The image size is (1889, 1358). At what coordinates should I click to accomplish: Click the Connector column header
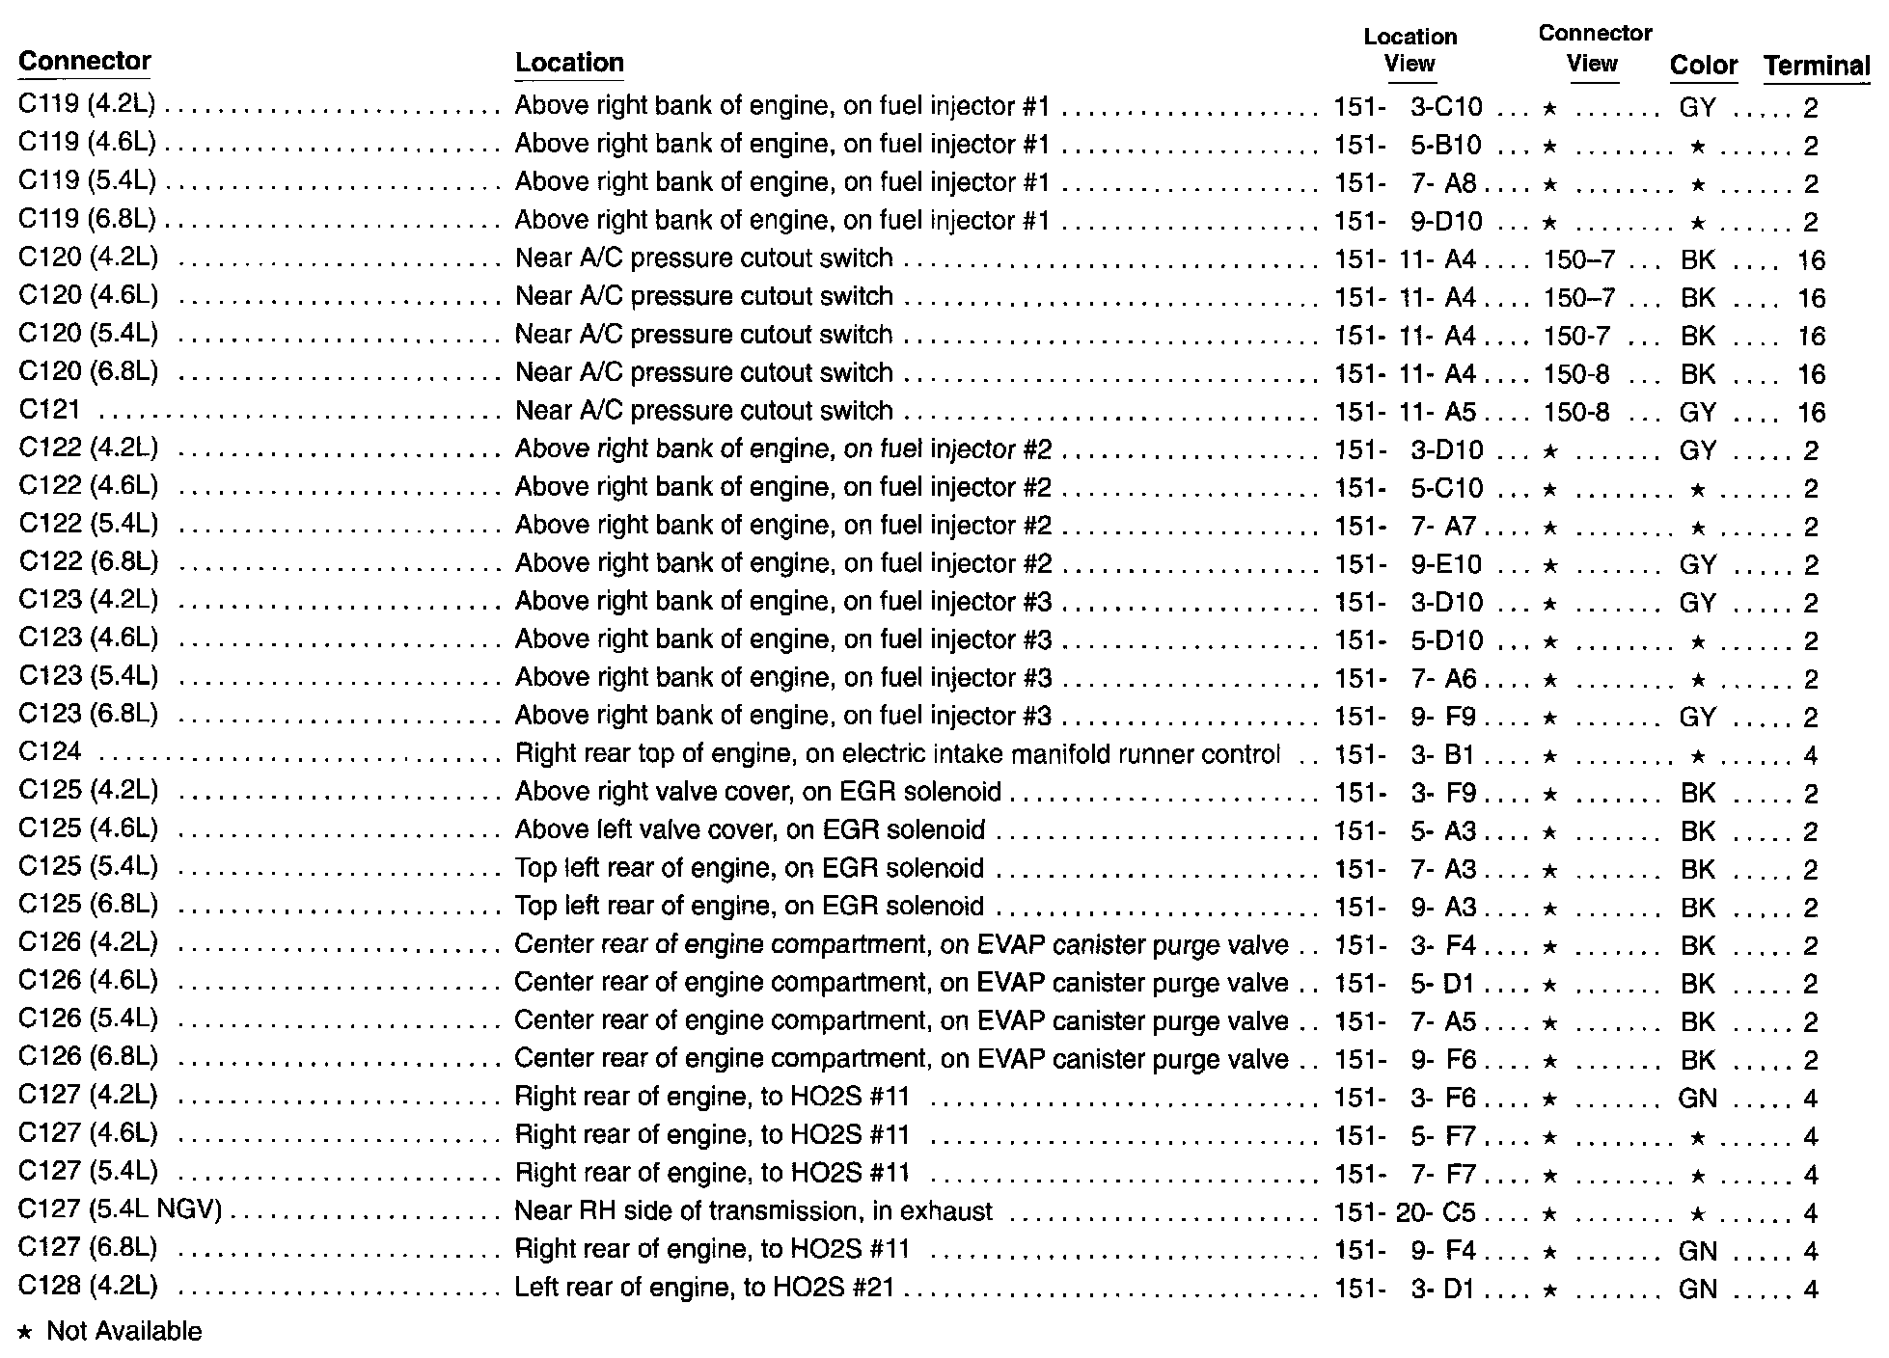coord(85,62)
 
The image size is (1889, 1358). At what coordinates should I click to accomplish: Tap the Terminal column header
coord(1817,66)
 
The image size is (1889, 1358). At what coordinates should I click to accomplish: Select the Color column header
coord(1703,66)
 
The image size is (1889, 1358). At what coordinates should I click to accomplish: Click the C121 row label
coord(49,410)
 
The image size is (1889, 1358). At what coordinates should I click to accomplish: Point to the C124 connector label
coord(50,752)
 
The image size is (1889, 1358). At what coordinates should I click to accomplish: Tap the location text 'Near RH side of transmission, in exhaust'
coord(753,1211)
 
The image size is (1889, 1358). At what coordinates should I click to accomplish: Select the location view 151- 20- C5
coord(1405,1212)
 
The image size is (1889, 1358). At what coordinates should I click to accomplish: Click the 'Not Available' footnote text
coord(123,1332)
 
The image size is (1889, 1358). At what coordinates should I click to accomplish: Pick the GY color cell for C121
coord(1698,413)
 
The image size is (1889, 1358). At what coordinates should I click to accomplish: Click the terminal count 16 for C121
coord(1811,413)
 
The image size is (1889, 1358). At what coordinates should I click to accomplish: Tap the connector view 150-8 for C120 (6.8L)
coord(1576,374)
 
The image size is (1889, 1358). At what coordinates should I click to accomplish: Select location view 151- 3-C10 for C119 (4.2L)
coord(1408,107)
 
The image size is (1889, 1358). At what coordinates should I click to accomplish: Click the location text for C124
coord(897,754)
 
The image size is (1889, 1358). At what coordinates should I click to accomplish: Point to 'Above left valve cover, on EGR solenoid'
coord(750,830)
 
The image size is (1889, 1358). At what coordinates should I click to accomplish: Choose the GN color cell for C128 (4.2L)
coord(1698,1290)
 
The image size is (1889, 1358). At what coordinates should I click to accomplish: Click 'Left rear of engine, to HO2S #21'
coord(704,1288)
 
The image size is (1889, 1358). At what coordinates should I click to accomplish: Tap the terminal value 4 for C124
coord(1810,755)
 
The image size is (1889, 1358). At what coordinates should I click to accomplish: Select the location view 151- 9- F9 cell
coord(1405,717)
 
